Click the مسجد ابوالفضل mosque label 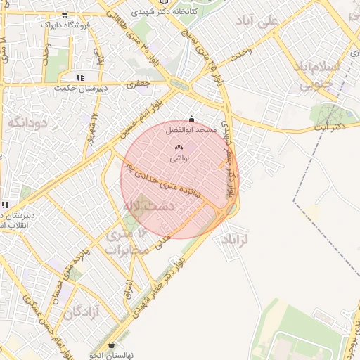192,131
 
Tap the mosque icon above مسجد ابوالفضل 192,120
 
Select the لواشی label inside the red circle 179,159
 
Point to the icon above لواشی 178,148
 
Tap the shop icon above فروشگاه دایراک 65,14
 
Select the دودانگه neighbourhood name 27,122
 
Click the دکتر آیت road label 330,126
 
